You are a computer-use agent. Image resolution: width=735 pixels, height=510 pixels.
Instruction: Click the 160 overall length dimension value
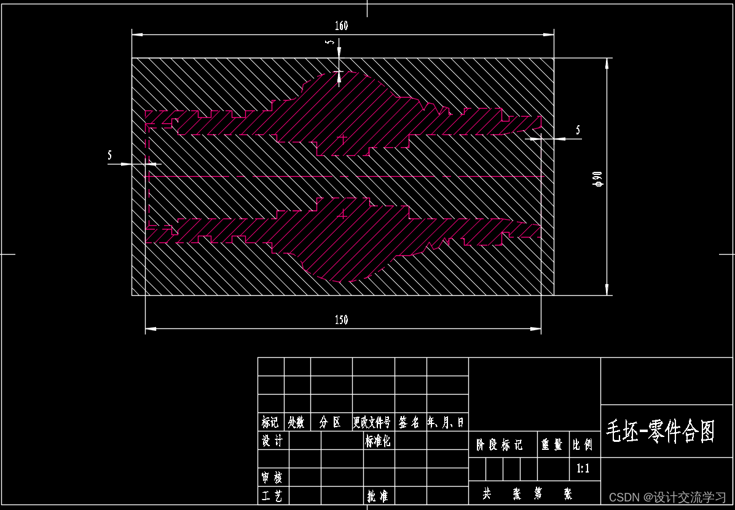pos(341,26)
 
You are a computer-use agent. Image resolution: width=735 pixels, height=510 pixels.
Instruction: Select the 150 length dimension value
pos(341,320)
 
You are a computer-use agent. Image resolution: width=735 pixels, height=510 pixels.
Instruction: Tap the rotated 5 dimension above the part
pos(330,42)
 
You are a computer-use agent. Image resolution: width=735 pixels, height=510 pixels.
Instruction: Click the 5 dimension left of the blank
pos(110,156)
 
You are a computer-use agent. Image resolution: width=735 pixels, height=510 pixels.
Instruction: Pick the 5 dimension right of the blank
pos(577,130)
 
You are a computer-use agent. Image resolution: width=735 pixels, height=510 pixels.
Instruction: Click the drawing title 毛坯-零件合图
pos(661,431)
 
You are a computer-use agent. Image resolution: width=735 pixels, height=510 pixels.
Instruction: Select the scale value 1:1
pos(583,469)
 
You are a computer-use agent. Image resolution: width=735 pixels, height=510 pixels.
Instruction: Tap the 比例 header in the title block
pos(583,445)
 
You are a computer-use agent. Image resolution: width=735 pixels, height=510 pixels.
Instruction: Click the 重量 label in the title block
pos(552,445)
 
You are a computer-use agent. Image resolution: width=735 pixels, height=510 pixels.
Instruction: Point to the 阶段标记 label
pos(499,445)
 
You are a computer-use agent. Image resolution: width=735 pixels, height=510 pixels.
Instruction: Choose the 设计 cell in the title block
pos(272,441)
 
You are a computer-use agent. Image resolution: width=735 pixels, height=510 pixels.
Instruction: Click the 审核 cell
pos(272,477)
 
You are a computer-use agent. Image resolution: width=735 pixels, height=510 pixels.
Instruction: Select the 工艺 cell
pos(272,496)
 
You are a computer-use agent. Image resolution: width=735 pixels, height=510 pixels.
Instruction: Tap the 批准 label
pos(377,496)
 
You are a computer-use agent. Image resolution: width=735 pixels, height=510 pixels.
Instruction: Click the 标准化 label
pos(378,441)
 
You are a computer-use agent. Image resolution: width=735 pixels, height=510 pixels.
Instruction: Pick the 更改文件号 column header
pos(372,422)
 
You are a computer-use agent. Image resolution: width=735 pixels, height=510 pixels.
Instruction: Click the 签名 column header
pos(409,422)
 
